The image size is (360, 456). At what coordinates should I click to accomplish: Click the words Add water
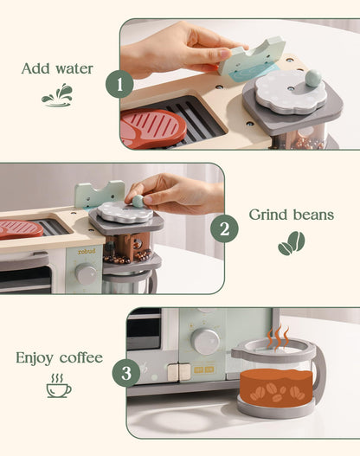pos(56,67)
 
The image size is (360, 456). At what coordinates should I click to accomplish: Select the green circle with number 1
pos(119,84)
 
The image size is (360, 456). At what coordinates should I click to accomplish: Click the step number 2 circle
pos(224,228)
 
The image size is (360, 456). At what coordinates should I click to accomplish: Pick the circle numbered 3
pos(126,373)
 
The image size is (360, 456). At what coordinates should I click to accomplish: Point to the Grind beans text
pos(291,214)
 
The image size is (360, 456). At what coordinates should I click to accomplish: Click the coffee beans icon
pos(291,244)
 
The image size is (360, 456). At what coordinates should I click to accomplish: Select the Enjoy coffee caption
pos(58,357)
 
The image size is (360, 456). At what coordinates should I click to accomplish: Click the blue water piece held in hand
pos(251,61)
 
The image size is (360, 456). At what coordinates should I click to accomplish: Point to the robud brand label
pos(87,252)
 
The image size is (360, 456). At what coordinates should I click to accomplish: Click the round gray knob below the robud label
pos(86,274)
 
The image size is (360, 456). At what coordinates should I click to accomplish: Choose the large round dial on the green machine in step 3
pos(205,341)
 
